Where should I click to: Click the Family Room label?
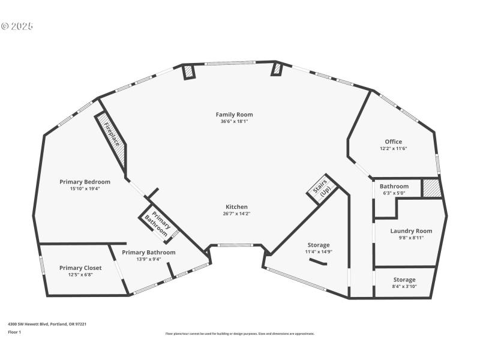234,114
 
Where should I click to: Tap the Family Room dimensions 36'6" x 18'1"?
234,121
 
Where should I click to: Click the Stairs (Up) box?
323,190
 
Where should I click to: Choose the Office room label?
393,142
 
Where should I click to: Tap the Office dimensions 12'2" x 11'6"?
393,149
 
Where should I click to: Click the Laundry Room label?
410,231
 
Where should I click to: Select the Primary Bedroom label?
85,182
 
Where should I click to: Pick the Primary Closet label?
80,268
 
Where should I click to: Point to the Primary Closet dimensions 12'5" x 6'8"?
80,275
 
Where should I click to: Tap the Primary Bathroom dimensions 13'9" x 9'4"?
149,260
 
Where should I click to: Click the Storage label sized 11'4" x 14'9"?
319,245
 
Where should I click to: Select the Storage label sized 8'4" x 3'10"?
404,280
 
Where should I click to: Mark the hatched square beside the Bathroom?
431,188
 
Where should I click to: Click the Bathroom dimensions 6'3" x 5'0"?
394,194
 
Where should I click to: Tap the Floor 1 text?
14,332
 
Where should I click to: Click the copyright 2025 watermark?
17,26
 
